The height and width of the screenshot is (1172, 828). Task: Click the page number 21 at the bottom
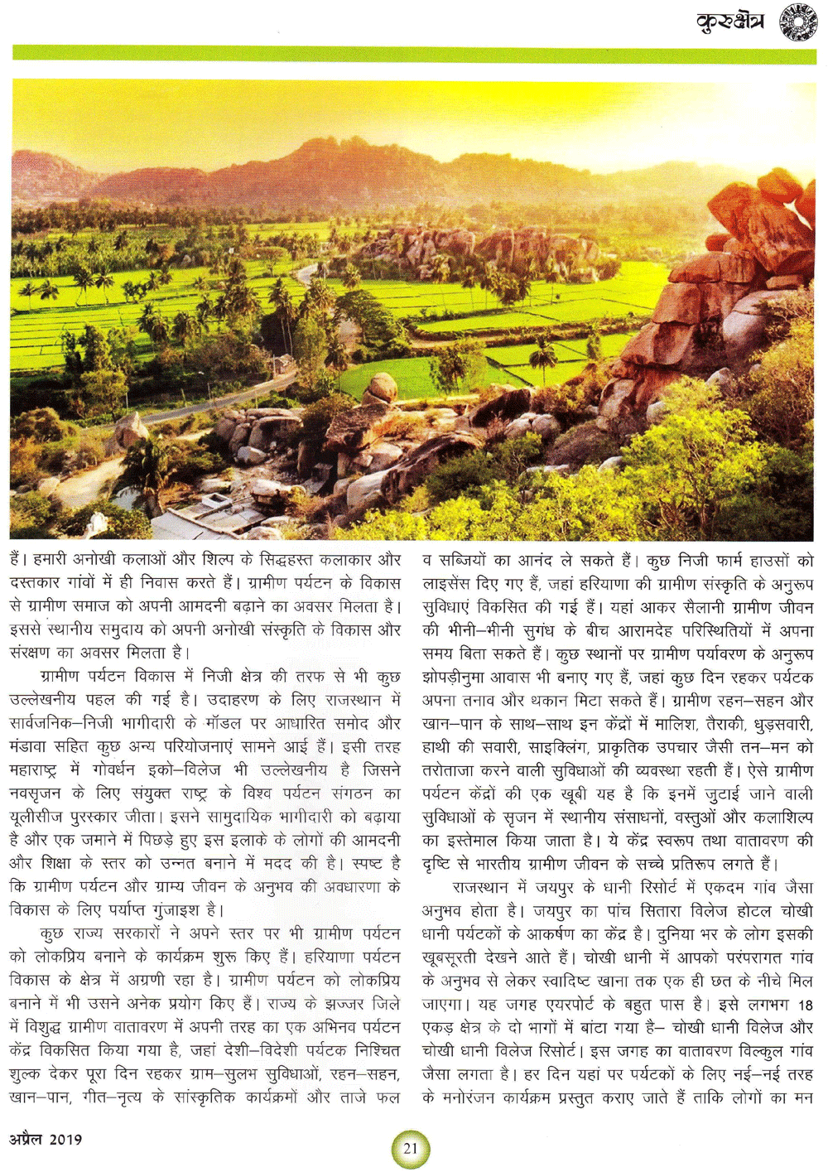point(411,1148)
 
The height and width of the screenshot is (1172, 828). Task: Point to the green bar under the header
point(414,54)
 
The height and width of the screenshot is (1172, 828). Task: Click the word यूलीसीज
point(36,818)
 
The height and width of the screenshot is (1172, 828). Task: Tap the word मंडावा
point(31,747)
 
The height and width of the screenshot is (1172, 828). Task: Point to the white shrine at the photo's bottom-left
point(97,523)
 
